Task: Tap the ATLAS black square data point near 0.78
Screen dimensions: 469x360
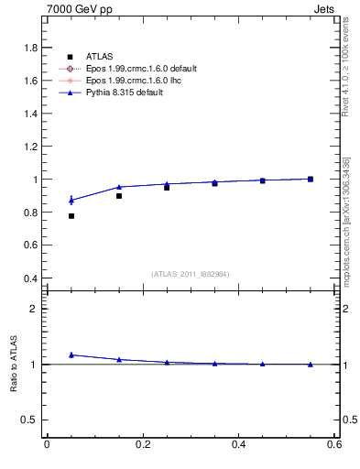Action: (x=71, y=216)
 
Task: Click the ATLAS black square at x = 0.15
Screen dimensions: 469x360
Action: (x=119, y=196)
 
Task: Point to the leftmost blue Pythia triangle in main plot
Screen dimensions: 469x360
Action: (x=71, y=200)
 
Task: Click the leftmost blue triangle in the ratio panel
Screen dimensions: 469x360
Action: (x=71, y=354)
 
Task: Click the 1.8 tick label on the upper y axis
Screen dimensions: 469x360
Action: (x=30, y=48)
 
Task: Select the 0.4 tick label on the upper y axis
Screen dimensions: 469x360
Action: (x=30, y=278)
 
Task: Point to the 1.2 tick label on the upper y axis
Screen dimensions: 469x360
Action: (x=30, y=147)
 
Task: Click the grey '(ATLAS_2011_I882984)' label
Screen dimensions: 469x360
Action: (x=191, y=274)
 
